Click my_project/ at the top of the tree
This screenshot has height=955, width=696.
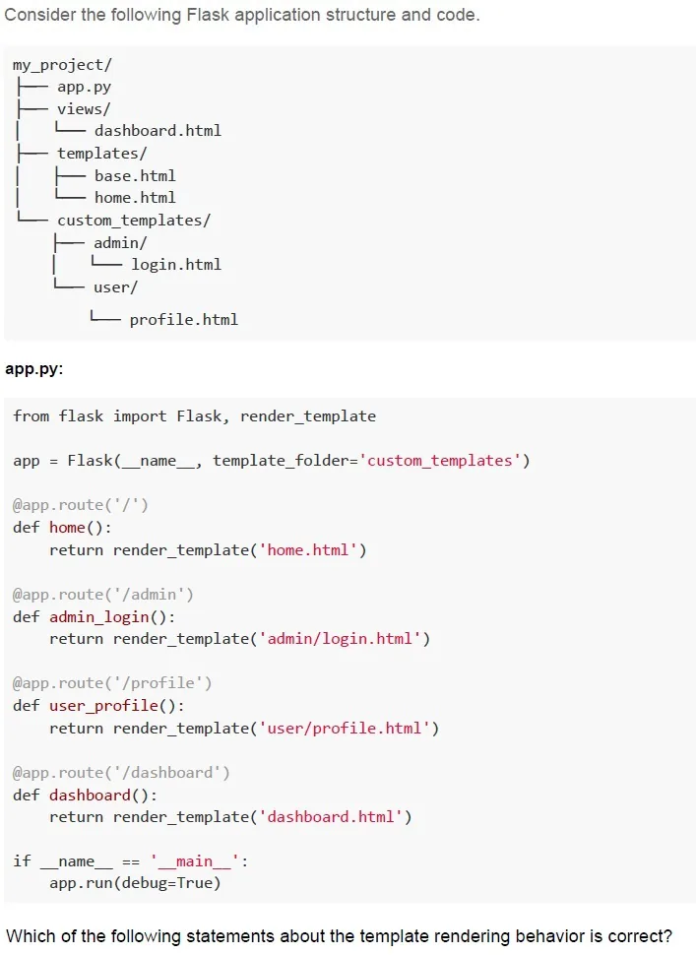click(62, 65)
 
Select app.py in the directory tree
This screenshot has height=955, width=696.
click(84, 87)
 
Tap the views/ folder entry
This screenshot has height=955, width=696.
click(84, 109)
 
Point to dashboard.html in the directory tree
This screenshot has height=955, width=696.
click(158, 131)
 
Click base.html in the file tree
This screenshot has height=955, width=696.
click(135, 176)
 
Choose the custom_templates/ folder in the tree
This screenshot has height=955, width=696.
click(134, 221)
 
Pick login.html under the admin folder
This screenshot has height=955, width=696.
click(176, 265)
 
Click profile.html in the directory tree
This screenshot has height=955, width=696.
click(183, 320)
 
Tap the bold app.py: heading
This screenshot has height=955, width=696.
click(34, 369)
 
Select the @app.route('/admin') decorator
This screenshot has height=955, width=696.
click(103, 595)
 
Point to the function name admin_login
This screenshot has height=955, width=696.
click(99, 617)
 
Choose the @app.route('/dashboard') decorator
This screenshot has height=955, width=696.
click(121, 773)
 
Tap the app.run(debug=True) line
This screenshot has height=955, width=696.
click(135, 883)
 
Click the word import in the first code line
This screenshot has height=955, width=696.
click(140, 416)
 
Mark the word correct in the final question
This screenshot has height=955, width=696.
click(640, 935)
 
